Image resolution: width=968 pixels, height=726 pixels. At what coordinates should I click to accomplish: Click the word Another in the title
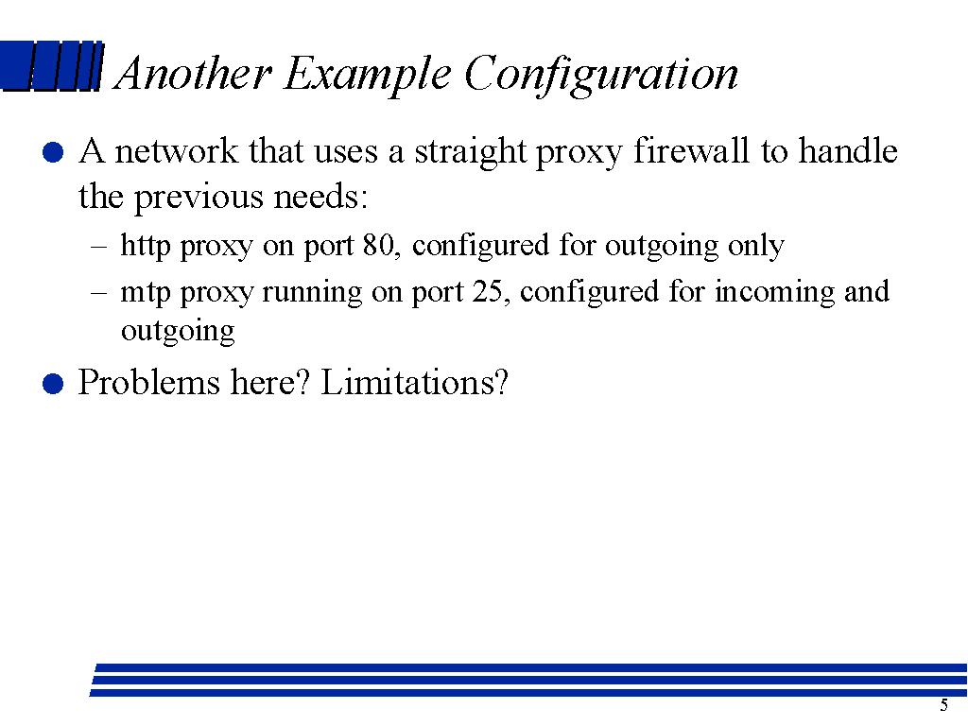[194, 73]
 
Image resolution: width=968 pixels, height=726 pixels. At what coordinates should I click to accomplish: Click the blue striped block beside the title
[52, 66]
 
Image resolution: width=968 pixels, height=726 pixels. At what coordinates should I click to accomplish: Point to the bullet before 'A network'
[53, 152]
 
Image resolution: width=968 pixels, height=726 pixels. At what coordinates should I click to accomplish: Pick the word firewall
[691, 151]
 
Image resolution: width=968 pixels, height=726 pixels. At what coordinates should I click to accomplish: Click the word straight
[471, 152]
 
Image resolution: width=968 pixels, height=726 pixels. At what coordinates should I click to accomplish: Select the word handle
[848, 150]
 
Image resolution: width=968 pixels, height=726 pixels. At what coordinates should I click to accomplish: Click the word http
[145, 246]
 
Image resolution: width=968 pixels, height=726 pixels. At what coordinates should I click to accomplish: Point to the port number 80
[378, 245]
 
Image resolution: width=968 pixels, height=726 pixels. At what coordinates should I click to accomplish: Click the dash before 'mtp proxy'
[98, 293]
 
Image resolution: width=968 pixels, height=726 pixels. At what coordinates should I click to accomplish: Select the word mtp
[145, 293]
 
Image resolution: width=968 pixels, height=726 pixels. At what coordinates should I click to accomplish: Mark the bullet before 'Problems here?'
[53, 384]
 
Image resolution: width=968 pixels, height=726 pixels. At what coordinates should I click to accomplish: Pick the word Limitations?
[414, 382]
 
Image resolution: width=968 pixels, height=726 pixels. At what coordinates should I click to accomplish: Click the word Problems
[148, 382]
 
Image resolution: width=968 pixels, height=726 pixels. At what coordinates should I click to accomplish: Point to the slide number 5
[944, 705]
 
